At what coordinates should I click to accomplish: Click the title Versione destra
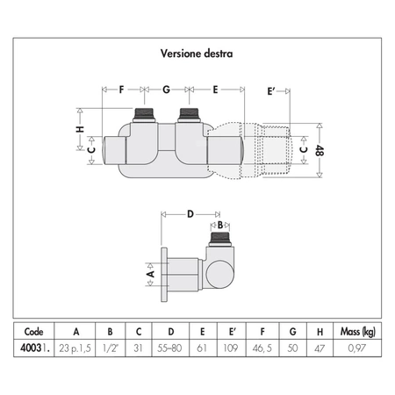197,54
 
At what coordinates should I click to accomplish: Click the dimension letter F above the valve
121,90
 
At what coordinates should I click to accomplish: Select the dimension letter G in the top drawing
166,90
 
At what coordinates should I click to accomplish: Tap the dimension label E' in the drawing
271,91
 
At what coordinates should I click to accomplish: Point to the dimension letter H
80,129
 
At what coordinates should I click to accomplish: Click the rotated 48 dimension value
320,150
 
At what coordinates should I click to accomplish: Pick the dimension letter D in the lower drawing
190,214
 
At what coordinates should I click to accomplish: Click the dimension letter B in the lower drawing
220,225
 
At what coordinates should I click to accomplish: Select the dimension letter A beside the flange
150,274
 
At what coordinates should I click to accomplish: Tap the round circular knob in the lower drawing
219,274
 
